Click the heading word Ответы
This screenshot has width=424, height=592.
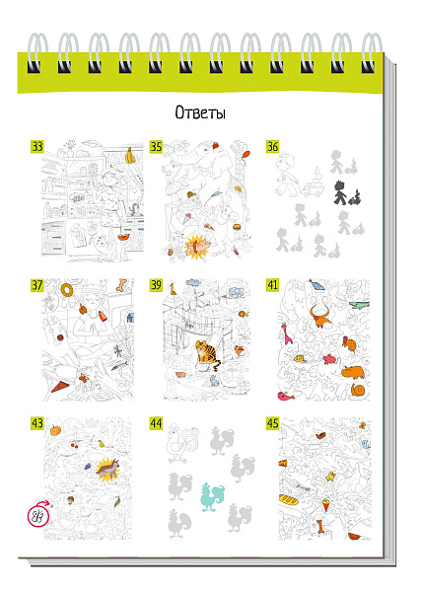pyautogui.click(x=200, y=112)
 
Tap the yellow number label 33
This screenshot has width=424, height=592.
pyautogui.click(x=37, y=146)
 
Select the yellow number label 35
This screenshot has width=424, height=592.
pyautogui.click(x=156, y=146)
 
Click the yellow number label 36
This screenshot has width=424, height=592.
pyautogui.click(x=272, y=146)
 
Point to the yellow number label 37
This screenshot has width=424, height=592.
pyautogui.click(x=37, y=285)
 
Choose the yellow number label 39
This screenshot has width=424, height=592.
pyautogui.click(x=156, y=285)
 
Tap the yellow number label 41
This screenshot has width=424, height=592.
pyautogui.click(x=272, y=285)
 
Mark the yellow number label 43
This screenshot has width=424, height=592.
pyautogui.click(x=37, y=423)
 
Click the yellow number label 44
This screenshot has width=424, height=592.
pyautogui.click(x=156, y=423)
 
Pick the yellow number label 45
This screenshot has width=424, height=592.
pyautogui.click(x=272, y=423)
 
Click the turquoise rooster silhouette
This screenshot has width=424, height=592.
pyautogui.click(x=211, y=495)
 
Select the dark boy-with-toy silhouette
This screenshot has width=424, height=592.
pyautogui.click(x=345, y=192)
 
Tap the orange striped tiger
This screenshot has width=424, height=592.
pyautogui.click(x=206, y=355)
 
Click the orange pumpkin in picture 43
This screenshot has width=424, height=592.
pyautogui.click(x=55, y=430)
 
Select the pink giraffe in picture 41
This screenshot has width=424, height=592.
pyautogui.click(x=287, y=333)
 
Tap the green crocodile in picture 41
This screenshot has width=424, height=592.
pyautogui.click(x=359, y=305)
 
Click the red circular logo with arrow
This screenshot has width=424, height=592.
pyautogui.click(x=38, y=515)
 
